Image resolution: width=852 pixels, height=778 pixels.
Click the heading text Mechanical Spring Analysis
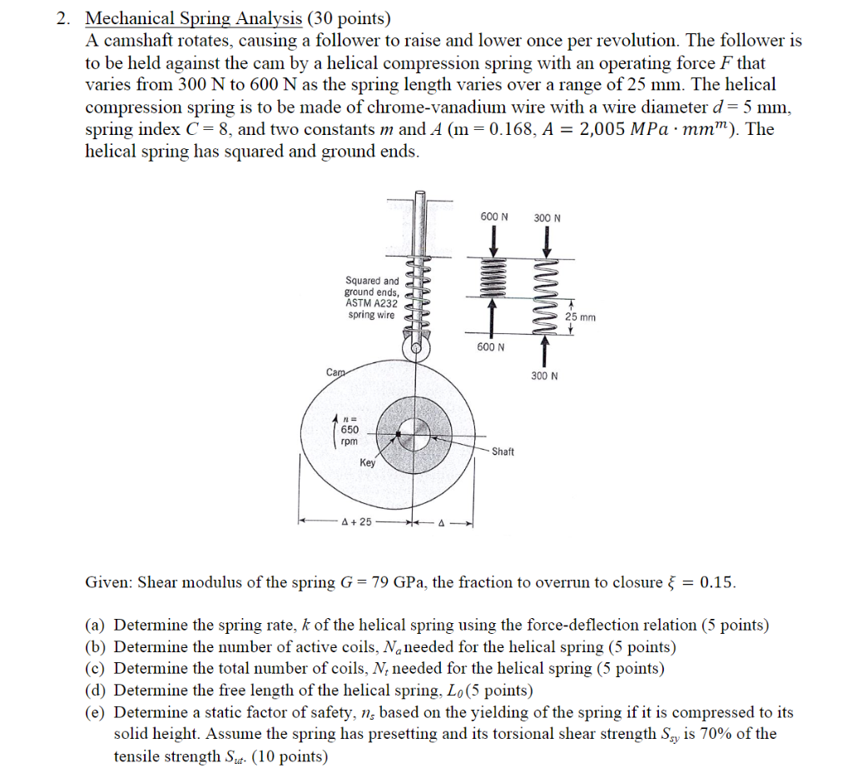point(193,18)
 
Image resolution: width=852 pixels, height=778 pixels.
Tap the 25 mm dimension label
point(580,317)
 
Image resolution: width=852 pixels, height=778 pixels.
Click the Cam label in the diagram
point(336,374)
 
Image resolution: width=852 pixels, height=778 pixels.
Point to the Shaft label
point(503,451)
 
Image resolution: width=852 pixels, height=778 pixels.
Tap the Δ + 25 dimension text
point(356,523)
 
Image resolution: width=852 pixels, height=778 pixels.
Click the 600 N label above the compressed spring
point(494,217)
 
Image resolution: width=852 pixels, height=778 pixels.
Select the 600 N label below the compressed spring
point(491,347)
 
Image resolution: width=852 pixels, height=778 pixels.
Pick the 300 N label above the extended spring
point(547,218)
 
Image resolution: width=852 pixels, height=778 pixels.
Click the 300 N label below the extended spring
point(544,376)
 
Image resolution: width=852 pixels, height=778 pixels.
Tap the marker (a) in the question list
point(97,625)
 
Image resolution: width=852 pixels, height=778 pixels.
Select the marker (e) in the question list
point(97,712)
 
